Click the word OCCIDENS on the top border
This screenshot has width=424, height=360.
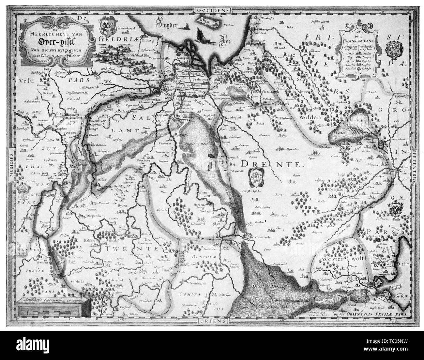pos(212,11)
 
